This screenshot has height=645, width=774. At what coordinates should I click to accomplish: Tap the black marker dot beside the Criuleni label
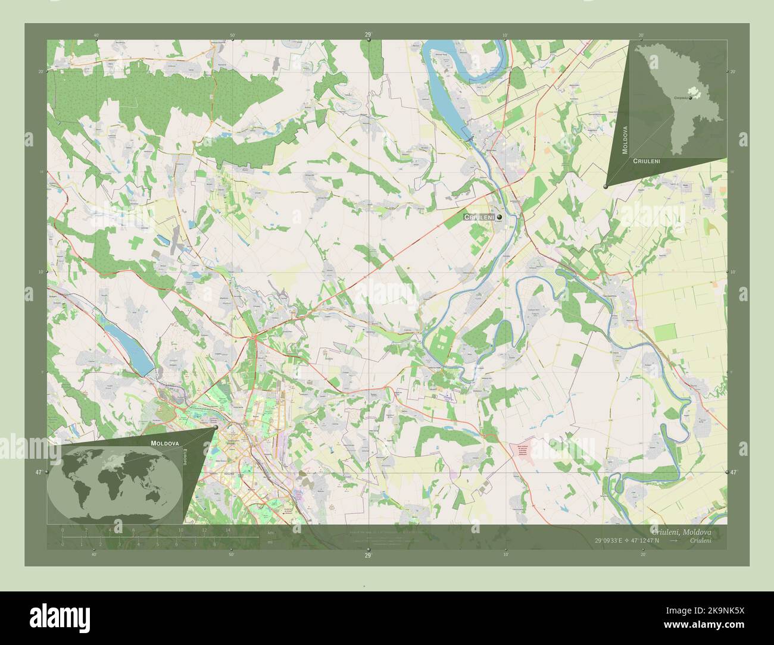click(x=500, y=218)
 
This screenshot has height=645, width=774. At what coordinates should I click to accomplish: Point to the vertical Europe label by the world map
click(x=184, y=458)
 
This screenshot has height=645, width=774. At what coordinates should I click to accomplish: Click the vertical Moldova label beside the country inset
click(x=625, y=140)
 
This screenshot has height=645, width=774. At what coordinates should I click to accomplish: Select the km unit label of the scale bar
click(x=271, y=532)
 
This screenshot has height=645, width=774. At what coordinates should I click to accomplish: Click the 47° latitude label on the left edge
click(x=39, y=472)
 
